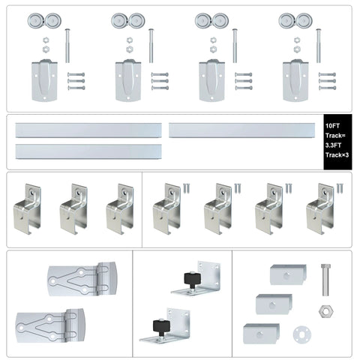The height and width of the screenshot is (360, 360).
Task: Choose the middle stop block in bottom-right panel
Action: (273, 303)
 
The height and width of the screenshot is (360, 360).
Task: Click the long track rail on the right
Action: (244, 130)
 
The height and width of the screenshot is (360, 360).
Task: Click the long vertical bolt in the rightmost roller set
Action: (318, 45)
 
